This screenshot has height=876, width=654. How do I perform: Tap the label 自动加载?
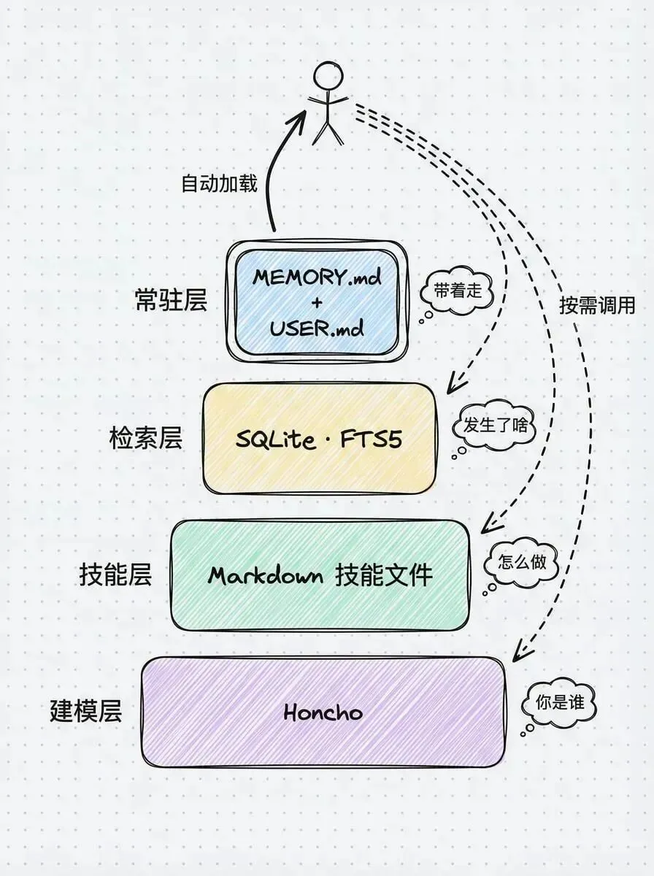(x=219, y=182)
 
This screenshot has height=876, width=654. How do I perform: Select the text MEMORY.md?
(x=316, y=277)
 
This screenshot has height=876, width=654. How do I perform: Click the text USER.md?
(x=316, y=328)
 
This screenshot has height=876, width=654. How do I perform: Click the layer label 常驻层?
(x=172, y=300)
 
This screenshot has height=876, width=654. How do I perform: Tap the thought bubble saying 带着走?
(x=458, y=291)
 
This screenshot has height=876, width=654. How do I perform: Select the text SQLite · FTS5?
(x=319, y=439)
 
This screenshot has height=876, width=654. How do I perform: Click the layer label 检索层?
(x=145, y=439)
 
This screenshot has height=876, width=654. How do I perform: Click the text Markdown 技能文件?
(x=320, y=576)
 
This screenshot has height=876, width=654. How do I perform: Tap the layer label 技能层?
(x=115, y=575)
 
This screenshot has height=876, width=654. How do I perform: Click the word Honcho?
(x=323, y=712)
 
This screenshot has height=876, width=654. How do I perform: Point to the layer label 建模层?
(x=85, y=711)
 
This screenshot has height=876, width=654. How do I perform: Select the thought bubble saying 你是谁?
(x=558, y=704)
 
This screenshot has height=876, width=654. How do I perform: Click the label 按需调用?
(x=597, y=305)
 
